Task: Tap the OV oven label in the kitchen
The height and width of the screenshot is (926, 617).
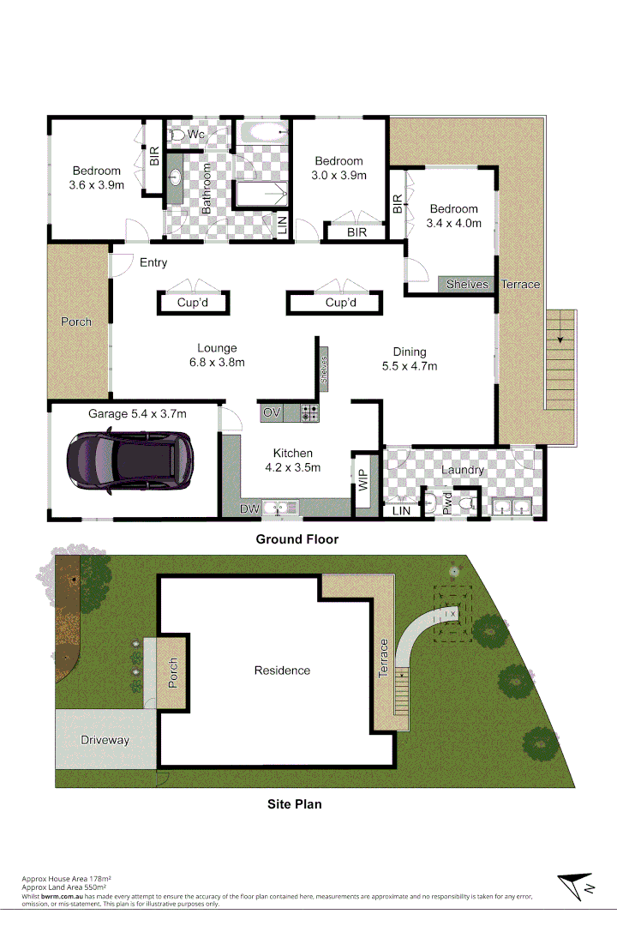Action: pyautogui.click(x=272, y=412)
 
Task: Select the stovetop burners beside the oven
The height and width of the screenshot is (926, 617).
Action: pyautogui.click(x=309, y=412)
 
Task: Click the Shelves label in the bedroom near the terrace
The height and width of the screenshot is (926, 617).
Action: pyautogui.click(x=467, y=285)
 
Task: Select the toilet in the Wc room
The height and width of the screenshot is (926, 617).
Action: pyautogui.click(x=177, y=135)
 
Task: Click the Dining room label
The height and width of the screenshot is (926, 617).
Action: pyautogui.click(x=410, y=352)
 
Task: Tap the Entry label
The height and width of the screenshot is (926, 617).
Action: pyautogui.click(x=153, y=262)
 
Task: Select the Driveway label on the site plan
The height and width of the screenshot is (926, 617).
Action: pyautogui.click(x=105, y=740)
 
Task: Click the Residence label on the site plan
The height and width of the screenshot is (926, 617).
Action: pyautogui.click(x=282, y=670)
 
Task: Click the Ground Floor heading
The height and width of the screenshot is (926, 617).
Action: pyautogui.click(x=297, y=539)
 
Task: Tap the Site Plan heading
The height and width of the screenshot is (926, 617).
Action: pyautogui.click(x=295, y=804)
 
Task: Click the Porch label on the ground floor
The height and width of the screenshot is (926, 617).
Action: pyautogui.click(x=75, y=322)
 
